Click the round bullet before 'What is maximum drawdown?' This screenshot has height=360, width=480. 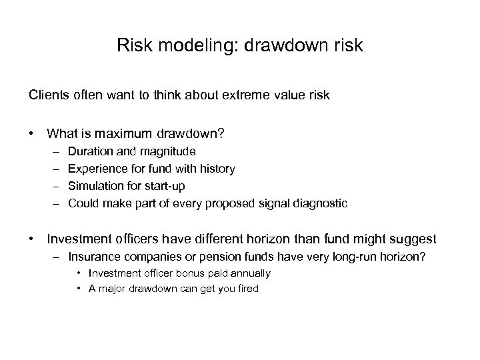[x=32, y=134]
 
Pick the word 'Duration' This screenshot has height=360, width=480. [x=90, y=152]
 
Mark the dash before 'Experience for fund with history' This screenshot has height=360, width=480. [x=53, y=169]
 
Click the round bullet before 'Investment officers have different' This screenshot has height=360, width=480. [x=32, y=239]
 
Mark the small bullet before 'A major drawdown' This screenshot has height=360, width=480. [x=79, y=289]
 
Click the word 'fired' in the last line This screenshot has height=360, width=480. [x=245, y=289]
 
